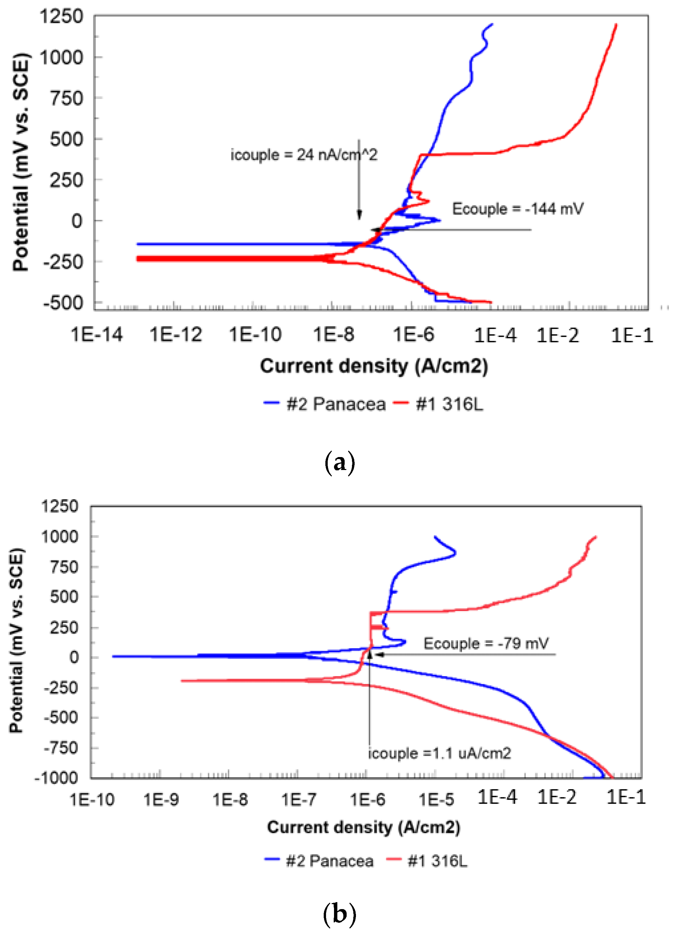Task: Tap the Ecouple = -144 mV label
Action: [x=517, y=208]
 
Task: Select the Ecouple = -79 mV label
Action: [x=486, y=643]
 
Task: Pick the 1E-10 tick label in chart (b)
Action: [x=92, y=799]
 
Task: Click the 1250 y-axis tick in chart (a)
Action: [x=61, y=17]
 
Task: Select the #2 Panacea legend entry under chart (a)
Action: [x=325, y=404]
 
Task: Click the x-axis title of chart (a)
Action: [x=374, y=366]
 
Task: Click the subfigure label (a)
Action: [x=339, y=463]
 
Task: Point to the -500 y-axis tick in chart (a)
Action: [x=63, y=303]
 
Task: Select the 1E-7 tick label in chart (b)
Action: [x=298, y=799]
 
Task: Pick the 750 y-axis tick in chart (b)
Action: [x=64, y=566]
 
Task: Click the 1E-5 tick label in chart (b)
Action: [x=436, y=799]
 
